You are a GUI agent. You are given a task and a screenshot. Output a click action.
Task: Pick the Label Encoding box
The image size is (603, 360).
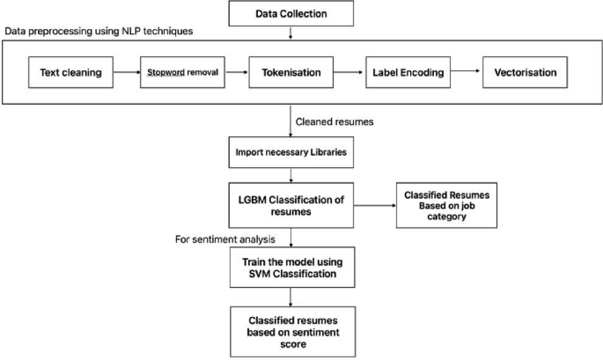402,73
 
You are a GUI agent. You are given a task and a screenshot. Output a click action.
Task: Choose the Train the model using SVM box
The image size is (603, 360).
290,268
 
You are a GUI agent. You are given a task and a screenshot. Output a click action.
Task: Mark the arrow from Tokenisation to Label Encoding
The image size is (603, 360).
348,73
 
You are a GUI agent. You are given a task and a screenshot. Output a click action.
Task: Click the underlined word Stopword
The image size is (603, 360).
165,73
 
